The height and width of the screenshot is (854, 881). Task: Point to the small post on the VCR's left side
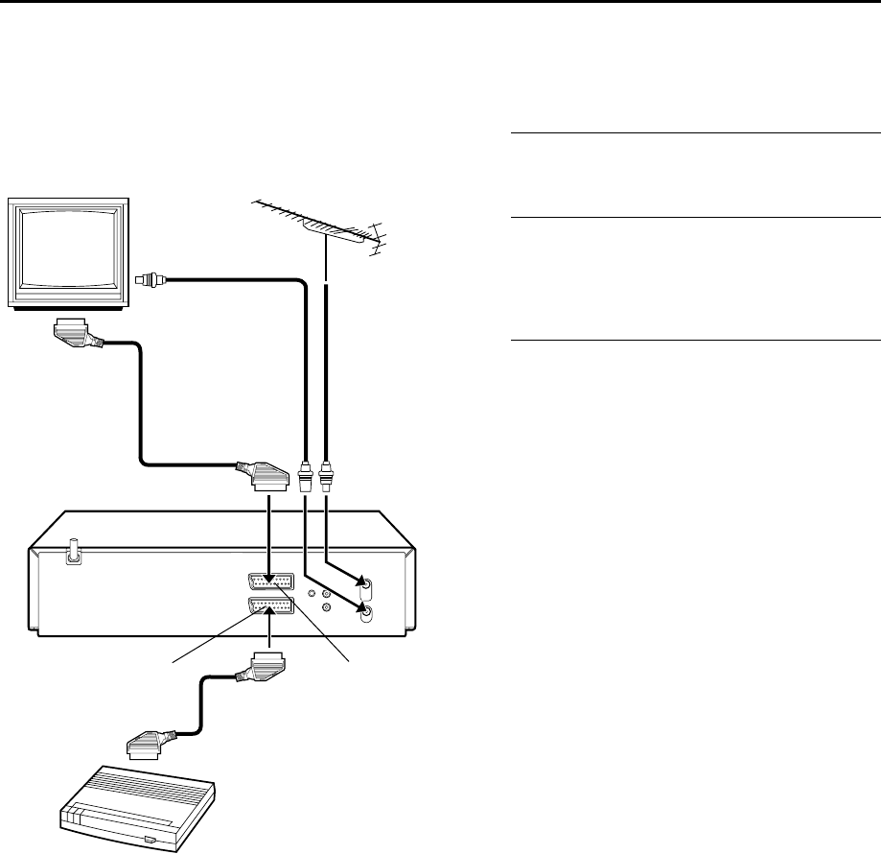click(71, 556)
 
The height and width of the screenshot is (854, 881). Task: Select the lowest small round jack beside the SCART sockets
click(328, 606)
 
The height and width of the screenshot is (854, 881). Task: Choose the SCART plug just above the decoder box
click(151, 742)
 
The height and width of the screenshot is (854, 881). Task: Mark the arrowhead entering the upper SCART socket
click(269, 575)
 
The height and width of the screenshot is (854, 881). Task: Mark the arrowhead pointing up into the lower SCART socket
click(269, 615)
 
